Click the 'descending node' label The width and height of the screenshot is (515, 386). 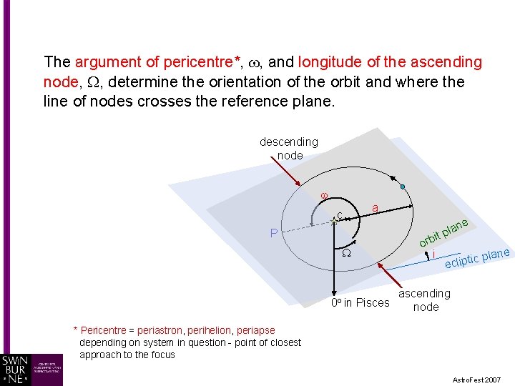click(288, 149)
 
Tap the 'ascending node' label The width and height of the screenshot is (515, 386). click(425, 300)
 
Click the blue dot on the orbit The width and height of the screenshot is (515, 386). click(403, 187)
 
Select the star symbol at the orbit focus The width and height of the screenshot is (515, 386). click(333, 222)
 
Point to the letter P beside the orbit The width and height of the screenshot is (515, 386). click(274, 233)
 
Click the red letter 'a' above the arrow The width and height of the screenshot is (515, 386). click(375, 208)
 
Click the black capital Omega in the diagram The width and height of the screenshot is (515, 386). click(345, 254)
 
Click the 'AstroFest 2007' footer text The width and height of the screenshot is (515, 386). click(477, 379)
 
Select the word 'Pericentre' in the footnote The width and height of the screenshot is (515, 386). click(104, 330)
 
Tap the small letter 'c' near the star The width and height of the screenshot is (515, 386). click(340, 215)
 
